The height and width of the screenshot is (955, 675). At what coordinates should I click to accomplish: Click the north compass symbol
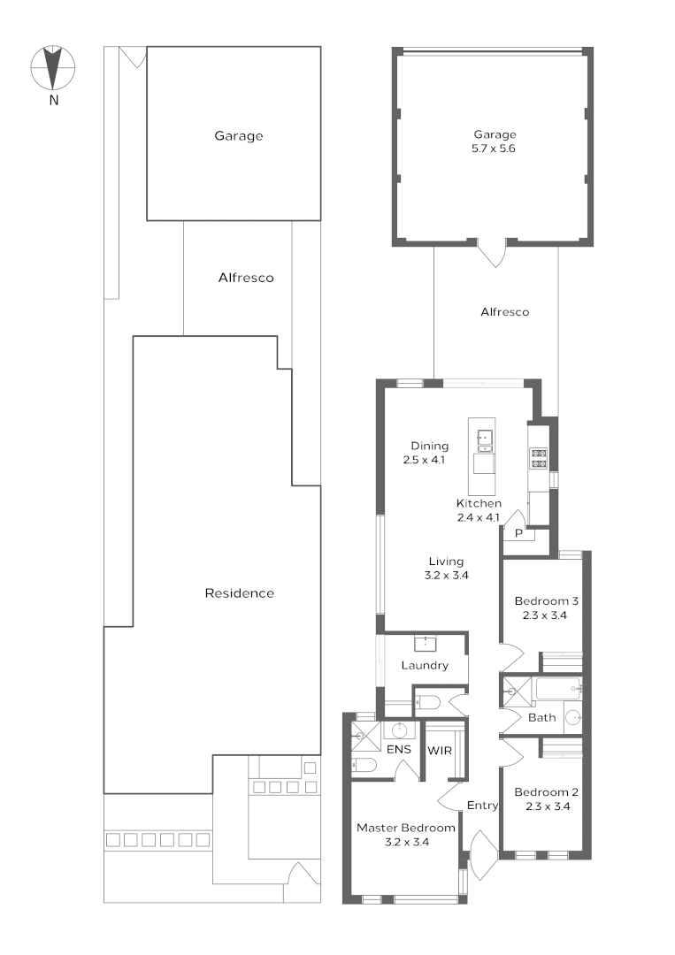54,67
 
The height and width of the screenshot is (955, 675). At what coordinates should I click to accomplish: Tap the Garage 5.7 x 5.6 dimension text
494,149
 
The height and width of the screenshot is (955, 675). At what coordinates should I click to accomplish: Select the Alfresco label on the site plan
246,278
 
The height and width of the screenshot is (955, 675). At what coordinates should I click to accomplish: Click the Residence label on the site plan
240,593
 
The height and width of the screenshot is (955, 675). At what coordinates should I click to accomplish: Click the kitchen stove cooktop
539,458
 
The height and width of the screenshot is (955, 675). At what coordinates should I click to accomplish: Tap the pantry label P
518,533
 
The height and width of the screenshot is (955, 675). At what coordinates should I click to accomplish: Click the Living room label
446,562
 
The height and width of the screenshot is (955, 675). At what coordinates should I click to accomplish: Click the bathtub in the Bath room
557,688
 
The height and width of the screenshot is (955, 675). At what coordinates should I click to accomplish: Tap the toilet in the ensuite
364,765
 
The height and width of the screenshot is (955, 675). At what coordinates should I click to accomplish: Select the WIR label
440,751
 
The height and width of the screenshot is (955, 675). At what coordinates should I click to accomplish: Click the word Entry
482,806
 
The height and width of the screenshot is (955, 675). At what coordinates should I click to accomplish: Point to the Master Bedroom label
406,828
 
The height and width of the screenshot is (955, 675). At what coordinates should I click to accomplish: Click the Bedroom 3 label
546,601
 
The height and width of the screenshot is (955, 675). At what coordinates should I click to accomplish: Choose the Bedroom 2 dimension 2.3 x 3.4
548,806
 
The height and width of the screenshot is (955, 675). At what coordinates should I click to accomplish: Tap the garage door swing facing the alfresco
492,253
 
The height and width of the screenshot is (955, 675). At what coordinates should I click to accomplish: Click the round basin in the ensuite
400,730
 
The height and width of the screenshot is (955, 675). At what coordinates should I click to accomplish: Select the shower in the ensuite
365,737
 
